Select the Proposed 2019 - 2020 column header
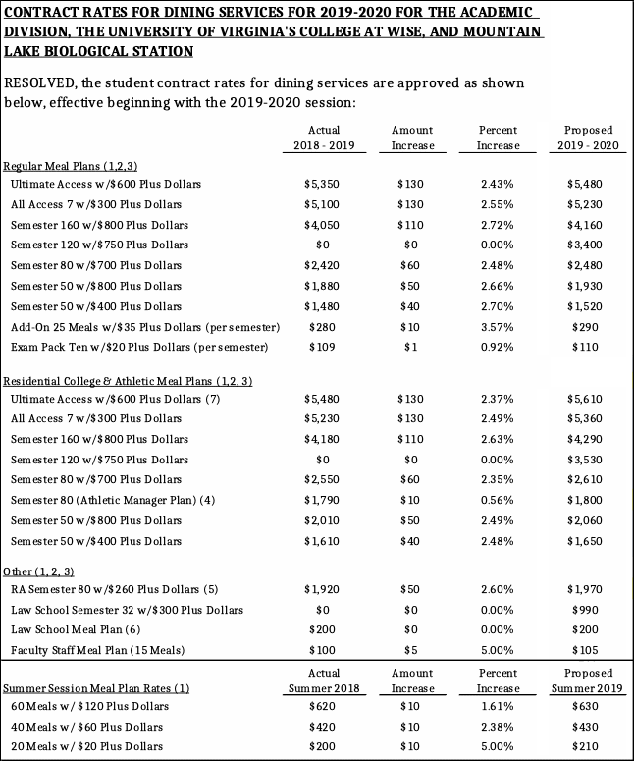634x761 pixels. point(590,137)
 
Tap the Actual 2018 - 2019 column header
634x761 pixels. point(323,137)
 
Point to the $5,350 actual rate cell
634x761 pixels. point(323,184)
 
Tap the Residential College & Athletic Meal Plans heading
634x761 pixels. point(128,380)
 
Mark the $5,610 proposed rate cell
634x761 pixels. point(590,399)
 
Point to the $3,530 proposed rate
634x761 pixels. point(590,460)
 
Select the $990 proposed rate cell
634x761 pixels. point(590,610)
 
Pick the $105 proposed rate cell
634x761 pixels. point(590,650)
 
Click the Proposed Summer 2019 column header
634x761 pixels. point(590,680)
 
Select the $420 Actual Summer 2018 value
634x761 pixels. point(323,727)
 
